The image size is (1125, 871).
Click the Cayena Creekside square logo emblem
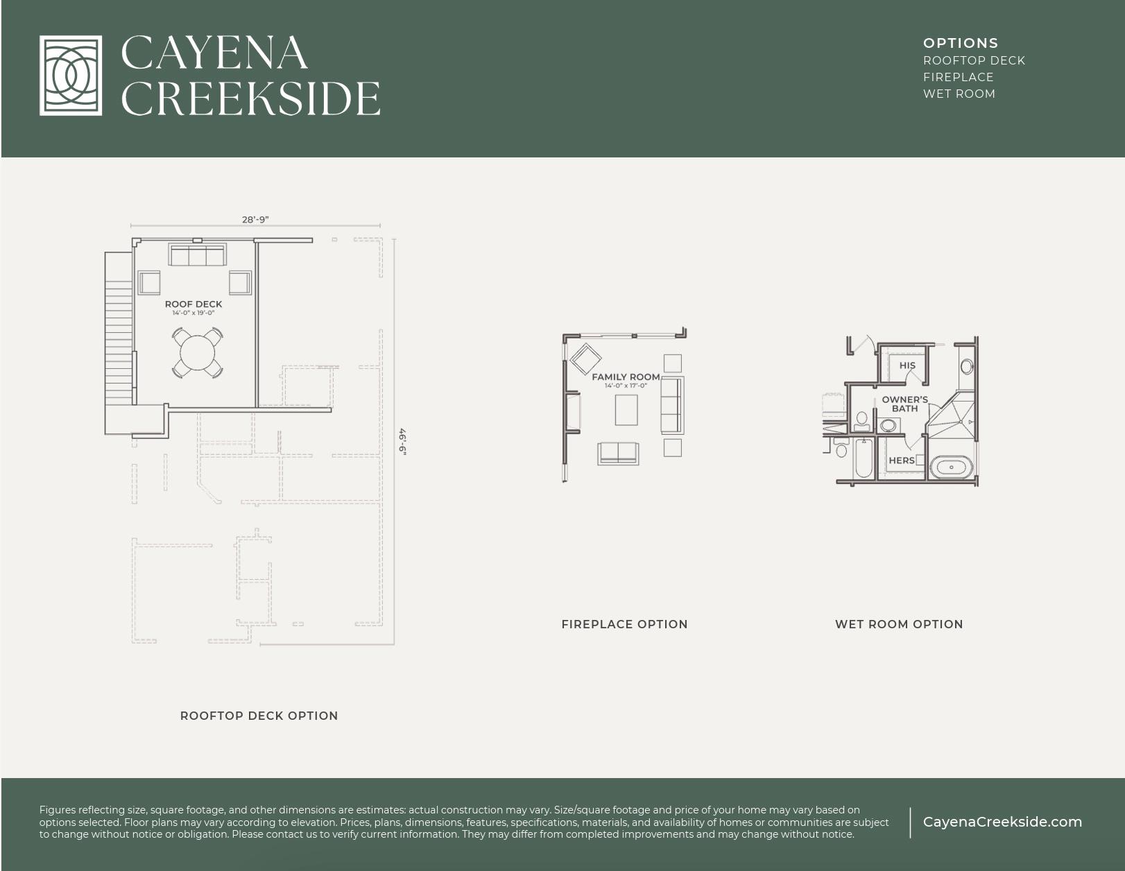coord(71,76)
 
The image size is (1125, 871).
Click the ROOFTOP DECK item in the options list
coord(973,60)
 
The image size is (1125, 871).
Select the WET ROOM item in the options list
coord(959,94)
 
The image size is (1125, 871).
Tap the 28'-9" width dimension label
coord(255,219)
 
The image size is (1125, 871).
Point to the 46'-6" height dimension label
coord(402,441)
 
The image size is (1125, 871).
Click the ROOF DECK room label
coord(194,304)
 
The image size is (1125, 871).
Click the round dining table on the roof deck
coord(198,353)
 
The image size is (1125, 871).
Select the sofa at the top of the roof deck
coord(197,255)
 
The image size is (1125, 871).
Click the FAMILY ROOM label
coord(626,377)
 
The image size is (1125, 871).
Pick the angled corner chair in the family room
coord(586,359)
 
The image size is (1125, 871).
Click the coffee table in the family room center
coord(626,409)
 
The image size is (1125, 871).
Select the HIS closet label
coord(907,365)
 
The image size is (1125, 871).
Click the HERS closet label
coord(901,460)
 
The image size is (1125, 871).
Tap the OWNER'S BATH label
coord(904,404)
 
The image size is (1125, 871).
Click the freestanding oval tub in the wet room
coord(951,467)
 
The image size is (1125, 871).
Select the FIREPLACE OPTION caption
coord(624,624)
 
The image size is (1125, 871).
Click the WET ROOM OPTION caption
coord(899,624)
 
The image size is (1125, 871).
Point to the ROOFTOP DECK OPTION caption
coord(259,716)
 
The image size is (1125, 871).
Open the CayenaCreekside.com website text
coord(1002,822)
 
